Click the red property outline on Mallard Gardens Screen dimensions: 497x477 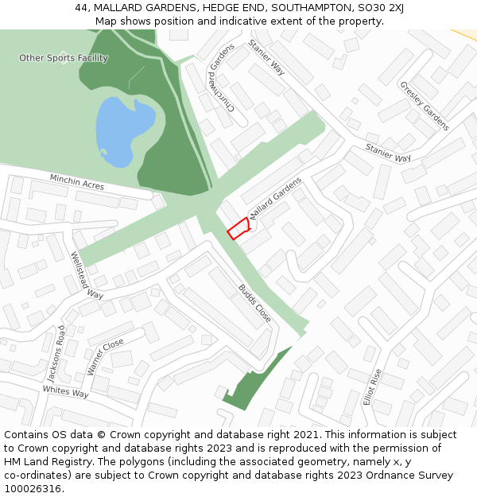click(238, 228)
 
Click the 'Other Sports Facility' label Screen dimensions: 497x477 click(64, 58)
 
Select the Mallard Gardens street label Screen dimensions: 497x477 click(276, 199)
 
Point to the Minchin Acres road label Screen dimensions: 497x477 click(77, 182)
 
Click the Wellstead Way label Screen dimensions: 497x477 click(87, 275)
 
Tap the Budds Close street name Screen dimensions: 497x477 click(254, 303)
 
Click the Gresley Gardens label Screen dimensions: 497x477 click(425, 106)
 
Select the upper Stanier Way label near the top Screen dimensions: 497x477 click(266, 57)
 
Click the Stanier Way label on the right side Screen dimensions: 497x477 click(388, 153)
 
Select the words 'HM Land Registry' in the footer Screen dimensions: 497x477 click(43, 462)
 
